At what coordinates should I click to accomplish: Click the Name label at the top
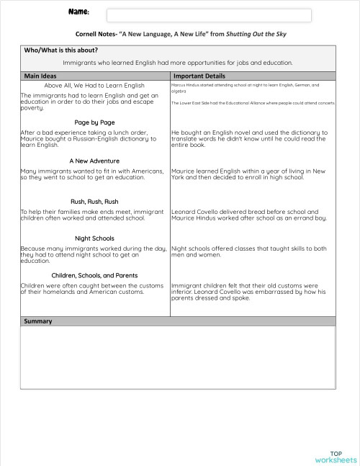(79, 12)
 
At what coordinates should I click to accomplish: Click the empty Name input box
(209, 15)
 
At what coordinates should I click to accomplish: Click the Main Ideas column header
(41, 76)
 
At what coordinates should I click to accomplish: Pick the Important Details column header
(199, 76)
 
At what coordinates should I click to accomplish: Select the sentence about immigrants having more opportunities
(178, 63)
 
